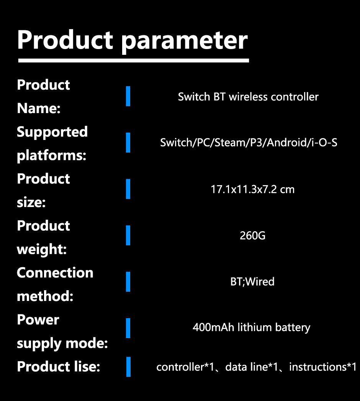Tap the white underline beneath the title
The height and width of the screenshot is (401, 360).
pyautogui.click(x=133, y=60)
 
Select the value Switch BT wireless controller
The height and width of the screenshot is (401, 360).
pyautogui.click(x=248, y=97)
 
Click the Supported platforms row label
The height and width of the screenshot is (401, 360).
pyautogui.click(x=52, y=144)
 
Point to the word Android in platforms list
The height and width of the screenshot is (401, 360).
pyautogui.click(x=286, y=143)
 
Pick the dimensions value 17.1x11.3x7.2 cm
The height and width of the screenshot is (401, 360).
pyautogui.click(x=253, y=189)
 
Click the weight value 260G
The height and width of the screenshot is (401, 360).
pyautogui.click(x=252, y=235)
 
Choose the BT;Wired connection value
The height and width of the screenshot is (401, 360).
pyautogui.click(x=252, y=281)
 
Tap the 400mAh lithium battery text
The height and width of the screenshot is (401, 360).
pyautogui.click(x=251, y=327)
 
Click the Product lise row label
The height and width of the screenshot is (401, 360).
pyautogui.click(x=58, y=367)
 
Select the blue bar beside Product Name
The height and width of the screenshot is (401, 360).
pyautogui.click(x=128, y=96)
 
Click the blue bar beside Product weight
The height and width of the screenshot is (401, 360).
pyautogui.click(x=128, y=235)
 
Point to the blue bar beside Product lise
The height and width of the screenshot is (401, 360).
pyautogui.click(x=128, y=367)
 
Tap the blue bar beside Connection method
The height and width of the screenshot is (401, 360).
pyautogui.click(x=128, y=281)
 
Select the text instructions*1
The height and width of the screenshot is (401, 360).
pyautogui.click(x=323, y=367)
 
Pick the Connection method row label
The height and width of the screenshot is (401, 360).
pyautogui.click(x=55, y=284)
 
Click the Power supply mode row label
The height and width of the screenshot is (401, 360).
pyautogui.click(x=62, y=331)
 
